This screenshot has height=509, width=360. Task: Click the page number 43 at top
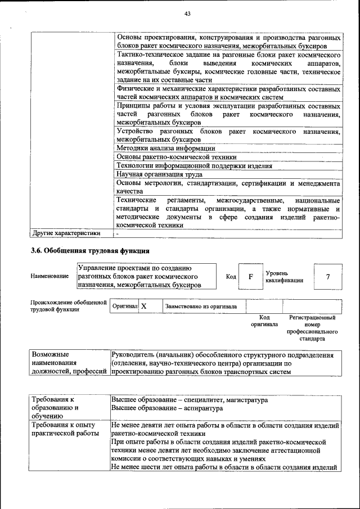[187, 13]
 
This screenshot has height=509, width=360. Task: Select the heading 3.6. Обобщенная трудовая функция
[90, 250]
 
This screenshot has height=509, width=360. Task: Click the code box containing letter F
[251, 277]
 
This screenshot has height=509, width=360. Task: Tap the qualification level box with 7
[328, 277]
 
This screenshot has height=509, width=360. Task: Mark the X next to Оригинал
[144, 307]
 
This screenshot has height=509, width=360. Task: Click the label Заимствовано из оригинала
[201, 307]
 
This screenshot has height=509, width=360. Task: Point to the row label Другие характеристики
[66, 233]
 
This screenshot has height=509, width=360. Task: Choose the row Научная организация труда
[156, 174]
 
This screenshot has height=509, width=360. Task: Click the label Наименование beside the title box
[50, 277]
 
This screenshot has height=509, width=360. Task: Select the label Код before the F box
[231, 277]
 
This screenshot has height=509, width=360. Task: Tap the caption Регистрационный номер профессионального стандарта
[312, 328]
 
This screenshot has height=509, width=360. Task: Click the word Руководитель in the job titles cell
[134, 355]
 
